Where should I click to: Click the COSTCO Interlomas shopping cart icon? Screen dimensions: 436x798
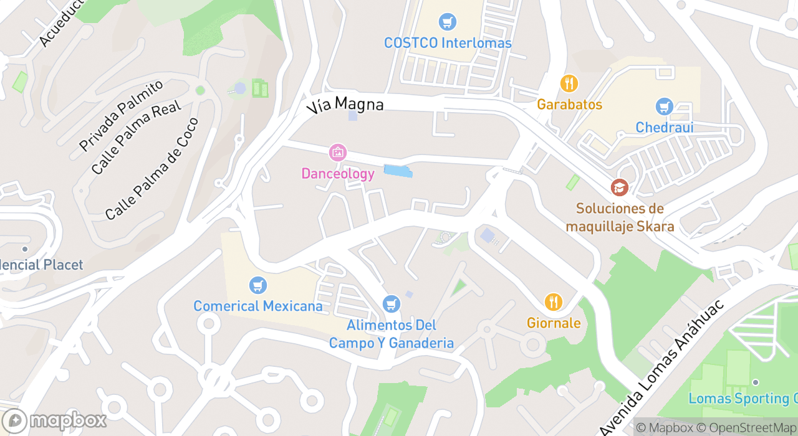[x=447, y=22]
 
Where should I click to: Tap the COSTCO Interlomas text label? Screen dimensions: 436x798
[x=448, y=43]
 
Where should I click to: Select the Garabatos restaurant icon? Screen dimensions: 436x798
[x=569, y=83]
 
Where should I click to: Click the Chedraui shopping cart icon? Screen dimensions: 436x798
[x=664, y=107]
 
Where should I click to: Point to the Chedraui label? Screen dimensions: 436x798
[x=664, y=128]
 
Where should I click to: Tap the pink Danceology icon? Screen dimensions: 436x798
[x=337, y=153]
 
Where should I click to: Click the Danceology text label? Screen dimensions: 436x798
[x=338, y=174]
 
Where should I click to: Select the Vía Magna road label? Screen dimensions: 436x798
[x=345, y=104]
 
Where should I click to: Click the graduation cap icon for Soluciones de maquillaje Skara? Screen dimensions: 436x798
[x=619, y=187]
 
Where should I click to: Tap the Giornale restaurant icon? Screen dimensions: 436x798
[x=553, y=302]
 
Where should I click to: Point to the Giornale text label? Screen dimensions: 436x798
[x=554, y=323]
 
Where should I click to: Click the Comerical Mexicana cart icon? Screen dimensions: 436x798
[x=257, y=285]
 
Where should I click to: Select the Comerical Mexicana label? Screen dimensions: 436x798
[x=258, y=306]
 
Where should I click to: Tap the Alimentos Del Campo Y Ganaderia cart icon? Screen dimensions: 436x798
[x=391, y=304]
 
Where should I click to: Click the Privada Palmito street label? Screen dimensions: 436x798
[x=121, y=115]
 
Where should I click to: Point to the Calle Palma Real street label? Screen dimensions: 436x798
[x=135, y=138]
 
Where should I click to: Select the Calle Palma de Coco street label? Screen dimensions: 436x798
[x=151, y=169]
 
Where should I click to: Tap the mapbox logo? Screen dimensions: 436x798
[x=54, y=421]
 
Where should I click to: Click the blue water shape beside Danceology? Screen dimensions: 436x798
[x=398, y=171]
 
